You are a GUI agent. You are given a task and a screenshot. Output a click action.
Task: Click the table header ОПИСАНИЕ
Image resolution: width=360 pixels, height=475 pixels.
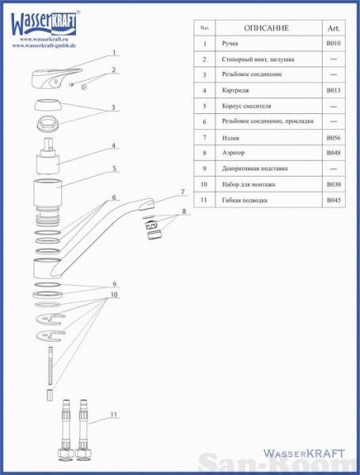pos(266,28)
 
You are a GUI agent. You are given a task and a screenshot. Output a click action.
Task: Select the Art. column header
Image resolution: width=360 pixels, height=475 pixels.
pos(333,28)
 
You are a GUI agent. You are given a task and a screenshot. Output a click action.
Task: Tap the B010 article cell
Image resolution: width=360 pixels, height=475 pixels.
pos(333,44)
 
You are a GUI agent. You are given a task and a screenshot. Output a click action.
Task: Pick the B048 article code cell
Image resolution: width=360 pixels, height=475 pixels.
pos(333,153)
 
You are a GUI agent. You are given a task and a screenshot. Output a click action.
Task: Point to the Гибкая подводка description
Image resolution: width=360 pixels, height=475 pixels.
pos(244,200)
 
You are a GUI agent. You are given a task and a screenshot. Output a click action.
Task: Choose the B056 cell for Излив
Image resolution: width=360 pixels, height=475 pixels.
pos(333,138)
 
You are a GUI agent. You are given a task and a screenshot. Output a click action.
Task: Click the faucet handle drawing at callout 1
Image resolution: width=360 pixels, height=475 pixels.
pos(56,78)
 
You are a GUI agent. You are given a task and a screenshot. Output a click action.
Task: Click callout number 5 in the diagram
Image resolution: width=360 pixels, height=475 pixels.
pos(114,168)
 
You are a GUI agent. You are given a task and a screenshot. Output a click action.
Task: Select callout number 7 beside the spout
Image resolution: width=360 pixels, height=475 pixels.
pos(183,192)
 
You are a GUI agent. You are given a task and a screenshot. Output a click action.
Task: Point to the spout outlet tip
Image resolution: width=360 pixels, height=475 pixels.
pos(147,204)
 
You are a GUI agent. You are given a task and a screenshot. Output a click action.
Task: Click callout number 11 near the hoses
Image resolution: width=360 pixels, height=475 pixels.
pos(114,414)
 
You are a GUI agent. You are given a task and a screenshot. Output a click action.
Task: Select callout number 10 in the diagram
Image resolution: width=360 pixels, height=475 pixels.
pos(114,294)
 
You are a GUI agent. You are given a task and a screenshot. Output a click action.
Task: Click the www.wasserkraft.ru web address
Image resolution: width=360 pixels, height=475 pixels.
pos(44,40)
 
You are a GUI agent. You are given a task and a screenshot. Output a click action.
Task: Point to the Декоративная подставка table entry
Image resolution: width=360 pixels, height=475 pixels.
pos(255,169)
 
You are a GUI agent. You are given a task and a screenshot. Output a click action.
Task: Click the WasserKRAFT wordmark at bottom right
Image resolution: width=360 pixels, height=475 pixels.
pos(304,454)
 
